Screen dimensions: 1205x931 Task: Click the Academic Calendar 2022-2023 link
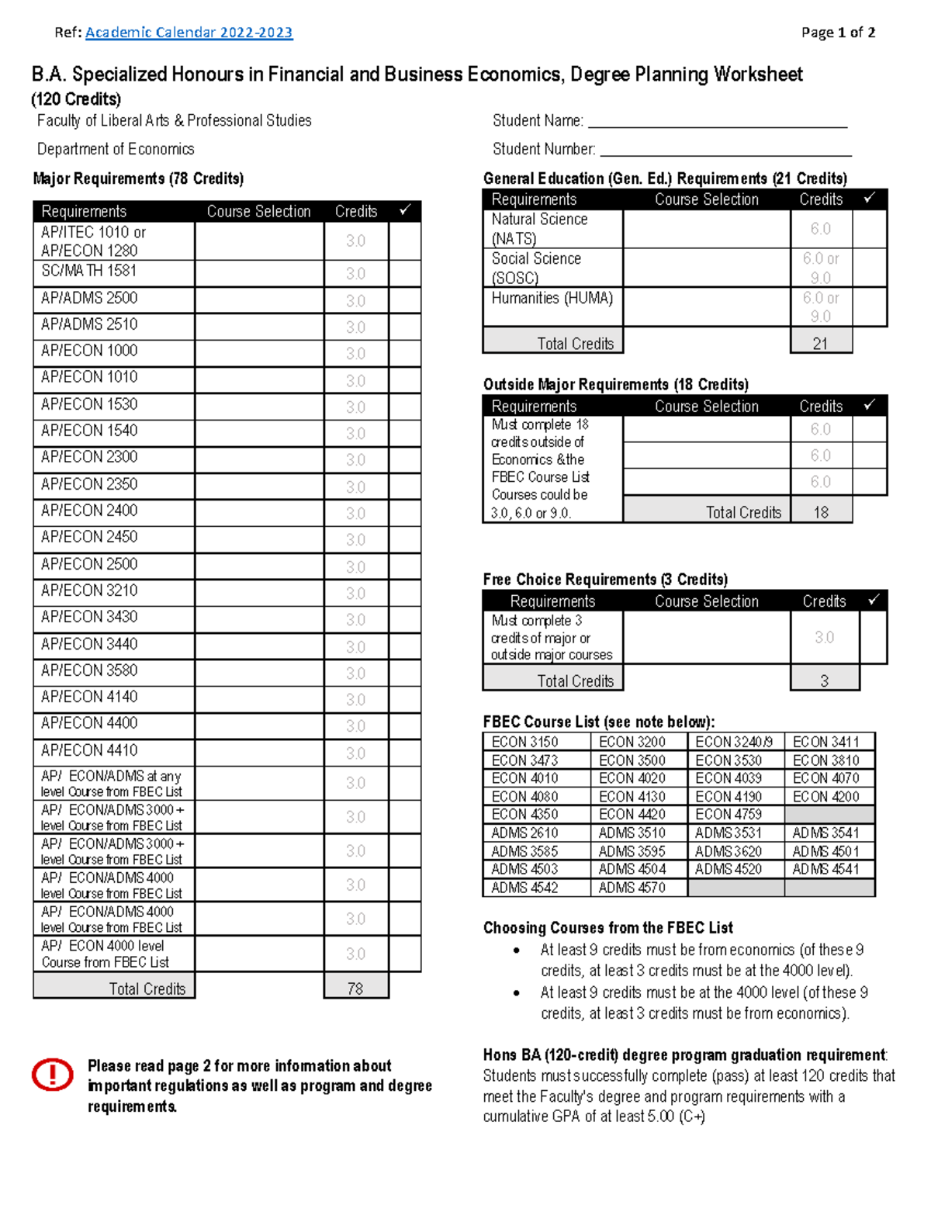pos(189,33)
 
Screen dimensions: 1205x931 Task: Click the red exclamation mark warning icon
pos(52,1075)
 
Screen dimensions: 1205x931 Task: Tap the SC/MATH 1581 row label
pos(89,271)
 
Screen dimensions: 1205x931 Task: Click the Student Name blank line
pos(717,123)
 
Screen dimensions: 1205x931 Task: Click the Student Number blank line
pos(725,151)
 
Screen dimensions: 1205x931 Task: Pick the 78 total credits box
pos(355,989)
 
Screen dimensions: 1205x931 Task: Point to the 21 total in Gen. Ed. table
pos(820,343)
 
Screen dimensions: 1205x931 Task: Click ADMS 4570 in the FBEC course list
pos(632,888)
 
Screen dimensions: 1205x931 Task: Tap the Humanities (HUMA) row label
pos(552,298)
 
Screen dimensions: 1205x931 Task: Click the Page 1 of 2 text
pos(838,33)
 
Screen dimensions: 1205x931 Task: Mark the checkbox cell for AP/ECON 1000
pos(404,353)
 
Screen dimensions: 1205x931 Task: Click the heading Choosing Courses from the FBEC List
pos(607,928)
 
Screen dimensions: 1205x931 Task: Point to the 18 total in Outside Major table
pos(821,512)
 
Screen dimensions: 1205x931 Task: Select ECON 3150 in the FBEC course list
pos(524,742)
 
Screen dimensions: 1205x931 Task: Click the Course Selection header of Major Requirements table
pos(258,212)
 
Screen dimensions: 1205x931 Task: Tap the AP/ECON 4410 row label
pos(89,750)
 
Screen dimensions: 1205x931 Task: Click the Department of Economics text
pos(116,149)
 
